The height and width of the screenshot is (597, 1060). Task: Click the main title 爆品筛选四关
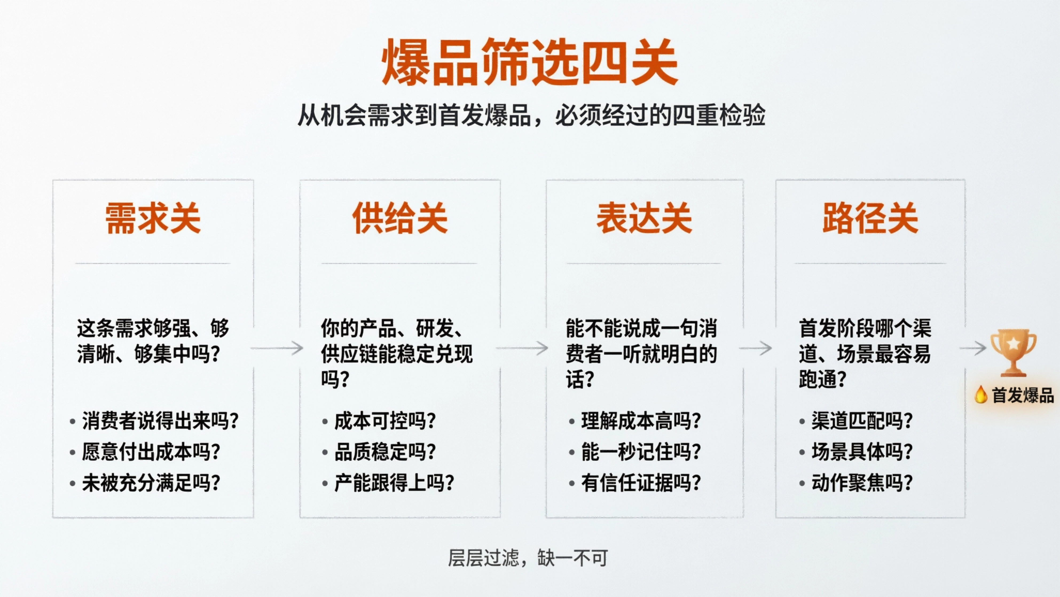[x=529, y=63]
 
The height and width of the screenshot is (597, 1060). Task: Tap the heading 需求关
[x=153, y=218]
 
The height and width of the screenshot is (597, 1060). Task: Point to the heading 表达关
[x=644, y=218]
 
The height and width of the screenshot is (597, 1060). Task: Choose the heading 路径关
[x=870, y=218]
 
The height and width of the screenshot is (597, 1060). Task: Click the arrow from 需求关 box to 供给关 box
[x=277, y=348]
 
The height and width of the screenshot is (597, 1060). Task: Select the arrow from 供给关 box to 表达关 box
[x=522, y=348]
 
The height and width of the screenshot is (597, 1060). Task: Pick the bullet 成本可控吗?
[x=385, y=421]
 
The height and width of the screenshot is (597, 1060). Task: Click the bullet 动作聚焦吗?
[x=862, y=483]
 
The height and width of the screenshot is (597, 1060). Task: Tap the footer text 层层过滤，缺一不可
[x=528, y=558]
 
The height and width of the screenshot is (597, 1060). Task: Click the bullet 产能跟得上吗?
[x=394, y=483]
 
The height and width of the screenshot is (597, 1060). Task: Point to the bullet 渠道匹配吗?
[x=862, y=421]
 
